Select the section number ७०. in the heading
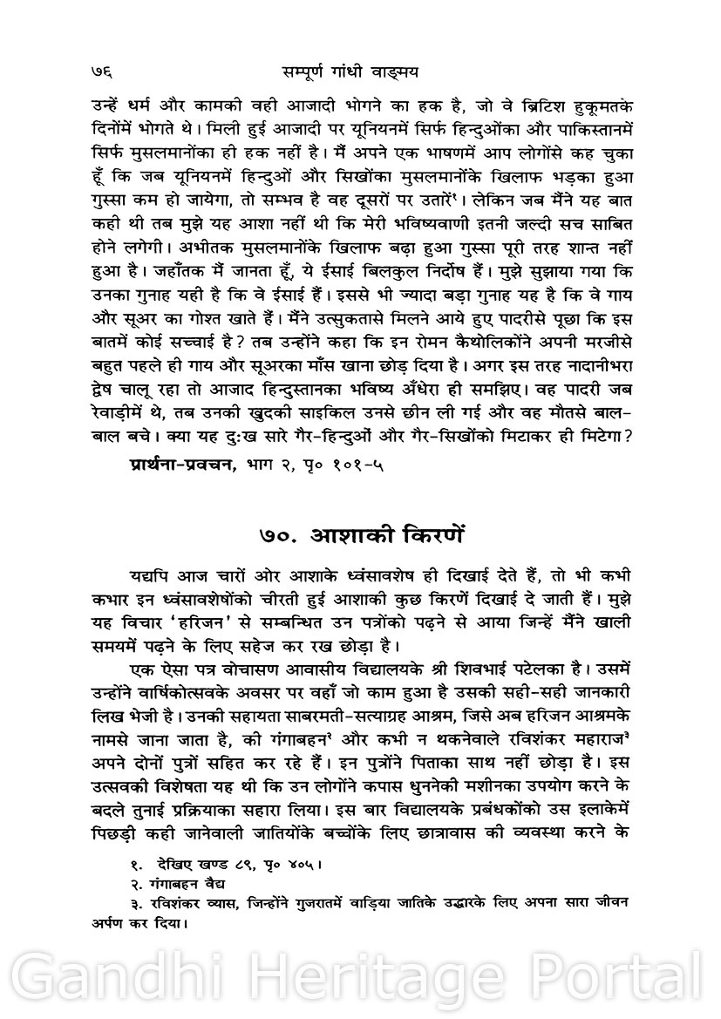(280, 532)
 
